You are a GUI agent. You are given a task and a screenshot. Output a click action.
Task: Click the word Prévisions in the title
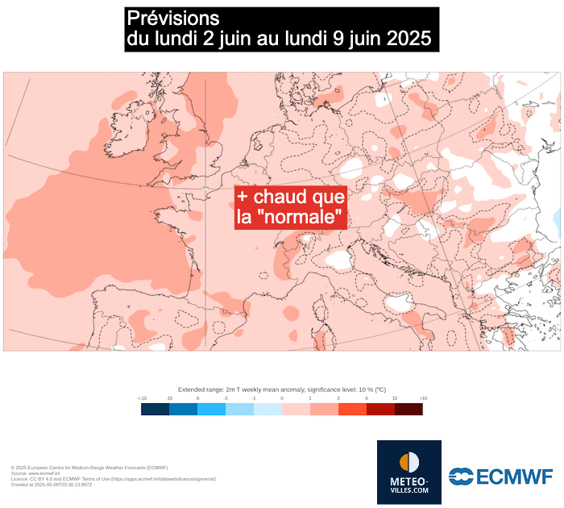click(172, 18)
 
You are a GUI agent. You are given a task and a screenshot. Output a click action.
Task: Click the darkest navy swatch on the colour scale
click(156, 409)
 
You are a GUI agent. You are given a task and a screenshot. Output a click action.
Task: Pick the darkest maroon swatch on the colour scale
click(408, 409)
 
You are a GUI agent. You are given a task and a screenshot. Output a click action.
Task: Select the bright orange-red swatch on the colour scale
click(352, 409)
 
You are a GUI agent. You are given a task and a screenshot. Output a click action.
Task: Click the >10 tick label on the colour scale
click(422, 398)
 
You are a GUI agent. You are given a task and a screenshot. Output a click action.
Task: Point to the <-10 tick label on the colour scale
click(142, 398)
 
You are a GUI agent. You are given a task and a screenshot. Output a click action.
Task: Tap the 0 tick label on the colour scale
click(282, 398)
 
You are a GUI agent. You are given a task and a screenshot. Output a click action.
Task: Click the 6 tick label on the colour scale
click(366, 398)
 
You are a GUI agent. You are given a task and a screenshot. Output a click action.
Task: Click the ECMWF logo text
click(509, 477)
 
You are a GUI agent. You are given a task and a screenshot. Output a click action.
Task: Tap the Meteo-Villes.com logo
click(409, 473)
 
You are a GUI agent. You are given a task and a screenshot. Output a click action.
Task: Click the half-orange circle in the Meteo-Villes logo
click(409, 462)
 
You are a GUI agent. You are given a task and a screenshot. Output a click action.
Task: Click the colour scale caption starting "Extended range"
click(281, 389)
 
